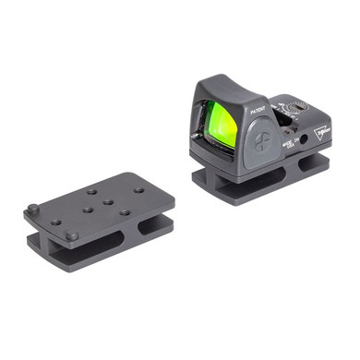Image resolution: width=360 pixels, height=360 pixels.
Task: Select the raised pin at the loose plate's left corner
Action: click(33, 208)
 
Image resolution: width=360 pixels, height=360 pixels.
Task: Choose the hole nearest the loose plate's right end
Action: click(138, 191)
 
